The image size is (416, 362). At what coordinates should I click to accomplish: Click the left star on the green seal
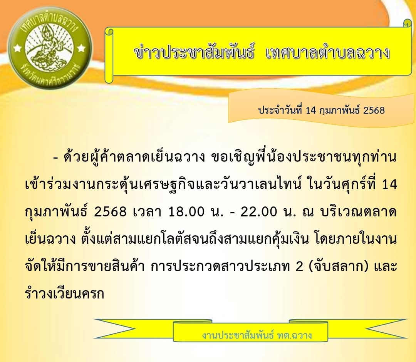(18, 48)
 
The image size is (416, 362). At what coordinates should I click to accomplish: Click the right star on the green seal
(81, 48)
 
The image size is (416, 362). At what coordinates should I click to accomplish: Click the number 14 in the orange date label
(311, 110)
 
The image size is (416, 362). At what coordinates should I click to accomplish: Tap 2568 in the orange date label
(374, 110)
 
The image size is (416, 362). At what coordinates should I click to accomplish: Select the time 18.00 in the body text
(186, 212)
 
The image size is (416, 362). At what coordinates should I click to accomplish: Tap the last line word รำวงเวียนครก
(64, 293)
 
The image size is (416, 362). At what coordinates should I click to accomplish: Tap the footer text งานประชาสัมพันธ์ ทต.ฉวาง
(257, 335)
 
